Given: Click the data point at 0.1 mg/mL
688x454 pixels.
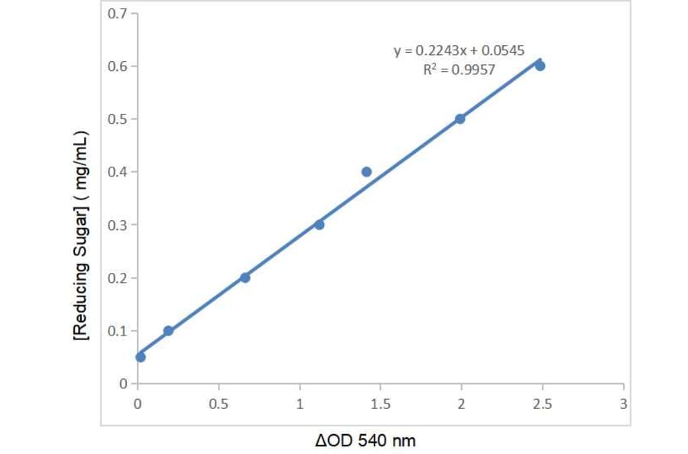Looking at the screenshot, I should pos(168,331).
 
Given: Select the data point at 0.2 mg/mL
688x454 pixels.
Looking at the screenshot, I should pos(245,277).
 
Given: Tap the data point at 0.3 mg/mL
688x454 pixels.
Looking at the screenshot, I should pos(319,225).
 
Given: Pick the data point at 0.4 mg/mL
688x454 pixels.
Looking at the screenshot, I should pos(366,172).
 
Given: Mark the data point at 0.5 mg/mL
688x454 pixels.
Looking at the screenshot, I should pos(459,118).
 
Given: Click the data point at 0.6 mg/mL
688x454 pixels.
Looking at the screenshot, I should pos(540,66).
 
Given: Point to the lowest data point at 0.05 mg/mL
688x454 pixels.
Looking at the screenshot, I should pos(141,357).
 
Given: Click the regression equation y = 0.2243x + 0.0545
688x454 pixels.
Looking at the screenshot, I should pos(459,51).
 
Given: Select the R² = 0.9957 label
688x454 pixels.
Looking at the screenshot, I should pos(459,69).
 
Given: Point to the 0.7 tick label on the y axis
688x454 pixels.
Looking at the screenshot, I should pos(117,13).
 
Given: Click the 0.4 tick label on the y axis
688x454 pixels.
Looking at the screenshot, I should pos(117,172).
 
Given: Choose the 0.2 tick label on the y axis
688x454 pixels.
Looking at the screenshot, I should pos(117,277).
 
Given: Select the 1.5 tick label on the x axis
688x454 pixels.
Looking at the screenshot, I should pos(380,404).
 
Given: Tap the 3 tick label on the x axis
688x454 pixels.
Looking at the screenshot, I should pos(623,404).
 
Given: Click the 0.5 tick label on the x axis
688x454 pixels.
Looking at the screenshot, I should pos(219,404).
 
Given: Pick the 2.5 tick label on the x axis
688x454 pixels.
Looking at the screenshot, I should pos(542,404).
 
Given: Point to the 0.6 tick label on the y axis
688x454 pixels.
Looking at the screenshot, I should pos(117,66).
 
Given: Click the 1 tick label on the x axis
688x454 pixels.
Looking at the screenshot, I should pos(300,404).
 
